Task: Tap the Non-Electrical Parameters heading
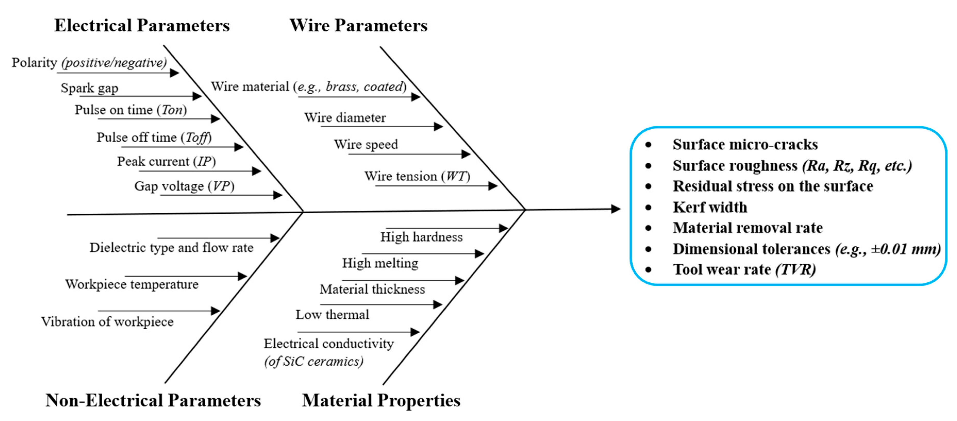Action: (x=153, y=400)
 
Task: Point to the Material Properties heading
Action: (x=381, y=400)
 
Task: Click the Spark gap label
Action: (x=89, y=88)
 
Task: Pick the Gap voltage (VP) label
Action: (x=184, y=186)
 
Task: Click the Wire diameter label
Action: (x=345, y=118)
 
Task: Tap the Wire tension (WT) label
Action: (x=417, y=176)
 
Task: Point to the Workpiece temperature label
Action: (x=132, y=284)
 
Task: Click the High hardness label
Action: (x=421, y=237)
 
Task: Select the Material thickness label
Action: (x=372, y=289)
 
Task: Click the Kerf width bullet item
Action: (x=710, y=207)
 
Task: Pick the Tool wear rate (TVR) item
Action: (x=744, y=269)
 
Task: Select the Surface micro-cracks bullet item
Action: (x=745, y=144)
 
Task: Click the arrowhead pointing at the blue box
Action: (x=616, y=209)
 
